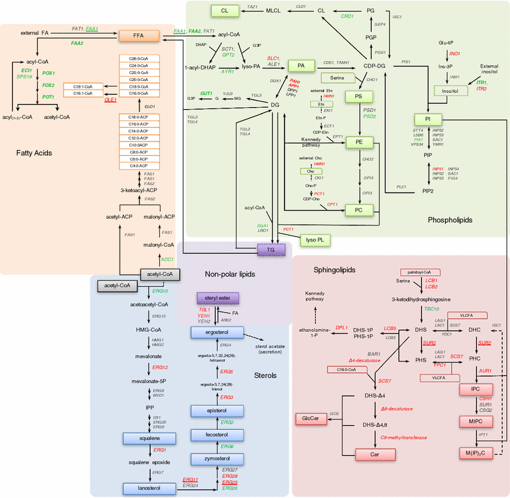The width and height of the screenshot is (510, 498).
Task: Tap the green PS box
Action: [359, 95]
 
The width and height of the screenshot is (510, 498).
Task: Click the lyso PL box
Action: [316, 240]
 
